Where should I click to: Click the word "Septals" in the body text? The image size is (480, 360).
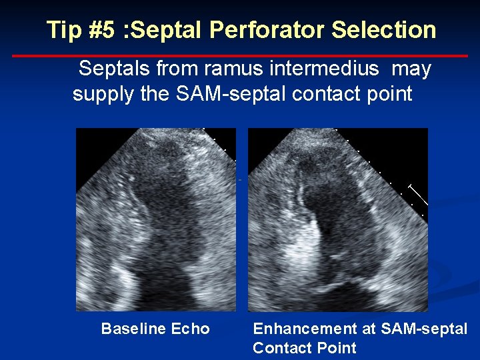[x=114, y=69]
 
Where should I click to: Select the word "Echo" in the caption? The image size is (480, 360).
[x=190, y=329]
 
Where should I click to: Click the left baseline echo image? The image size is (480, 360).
[x=156, y=219]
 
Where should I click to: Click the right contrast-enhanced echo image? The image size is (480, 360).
[x=338, y=219]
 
